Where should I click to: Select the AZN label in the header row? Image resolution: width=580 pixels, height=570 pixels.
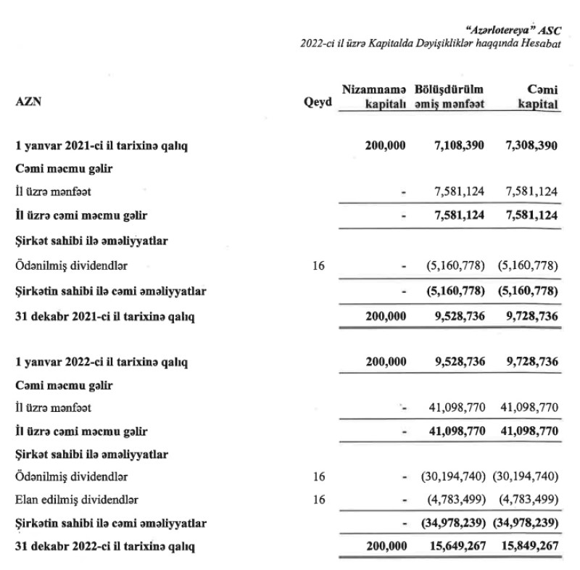(28, 102)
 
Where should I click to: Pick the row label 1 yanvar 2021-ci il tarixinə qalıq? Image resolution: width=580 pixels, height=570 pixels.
(101, 146)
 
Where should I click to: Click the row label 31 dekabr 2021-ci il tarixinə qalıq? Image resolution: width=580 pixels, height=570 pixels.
(105, 316)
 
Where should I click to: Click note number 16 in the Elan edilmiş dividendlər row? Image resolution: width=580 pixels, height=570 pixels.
(318, 500)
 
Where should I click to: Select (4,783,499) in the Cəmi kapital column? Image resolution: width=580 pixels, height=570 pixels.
(529, 500)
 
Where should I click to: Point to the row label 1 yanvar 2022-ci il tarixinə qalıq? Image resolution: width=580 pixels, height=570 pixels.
(101, 361)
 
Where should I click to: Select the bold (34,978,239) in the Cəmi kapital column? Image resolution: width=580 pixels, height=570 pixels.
(527, 522)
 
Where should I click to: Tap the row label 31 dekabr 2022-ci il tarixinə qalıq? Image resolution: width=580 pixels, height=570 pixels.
(105, 545)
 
